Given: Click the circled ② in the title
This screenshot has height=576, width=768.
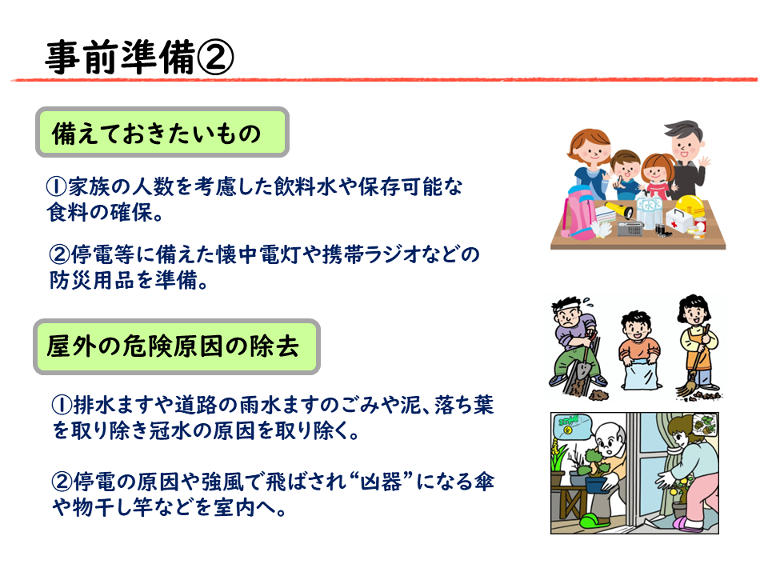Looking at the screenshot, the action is [x=215, y=58].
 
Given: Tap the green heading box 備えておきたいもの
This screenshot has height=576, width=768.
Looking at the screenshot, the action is [x=162, y=132].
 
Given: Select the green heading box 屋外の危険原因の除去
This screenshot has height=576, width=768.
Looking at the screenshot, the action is [x=177, y=346].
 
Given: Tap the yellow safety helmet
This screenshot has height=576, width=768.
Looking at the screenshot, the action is [x=691, y=205].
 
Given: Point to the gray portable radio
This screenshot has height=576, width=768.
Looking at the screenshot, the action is [x=630, y=229].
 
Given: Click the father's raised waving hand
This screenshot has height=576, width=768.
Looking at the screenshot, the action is [x=705, y=162].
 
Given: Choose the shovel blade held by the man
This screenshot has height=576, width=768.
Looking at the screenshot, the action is [x=582, y=368].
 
